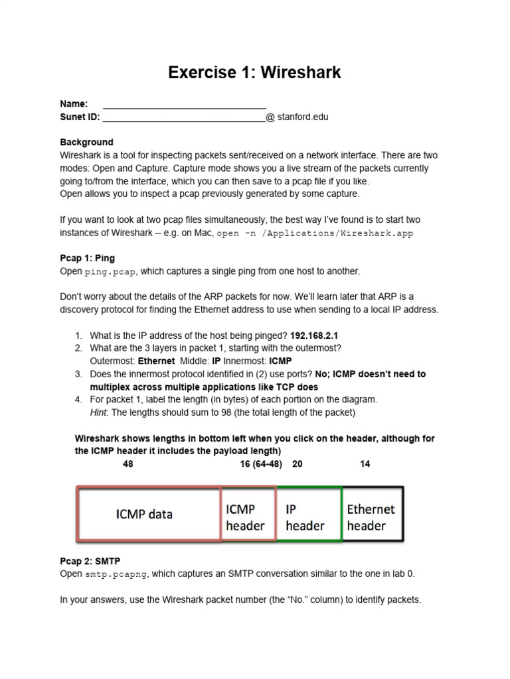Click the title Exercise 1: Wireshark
click(254, 72)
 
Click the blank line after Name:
click(185, 105)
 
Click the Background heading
click(86, 142)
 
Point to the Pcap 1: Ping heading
click(87, 258)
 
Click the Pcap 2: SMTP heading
click(90, 561)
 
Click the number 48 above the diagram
click(127, 464)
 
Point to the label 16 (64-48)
click(261, 464)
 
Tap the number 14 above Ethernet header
click(365, 464)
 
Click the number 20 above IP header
click(297, 464)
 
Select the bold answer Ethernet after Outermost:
click(156, 361)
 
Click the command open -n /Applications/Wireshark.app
click(315, 233)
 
